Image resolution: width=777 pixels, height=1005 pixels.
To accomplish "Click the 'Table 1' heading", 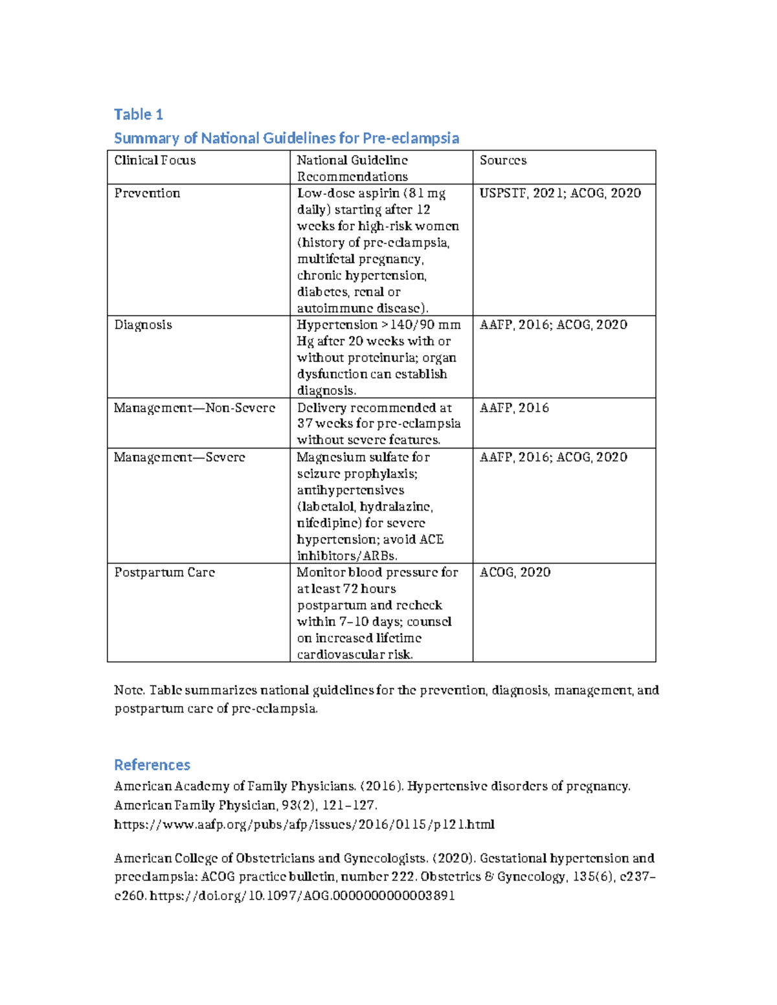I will pos(138,115).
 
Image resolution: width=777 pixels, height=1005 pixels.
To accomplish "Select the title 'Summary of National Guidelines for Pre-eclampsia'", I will pos(286,138).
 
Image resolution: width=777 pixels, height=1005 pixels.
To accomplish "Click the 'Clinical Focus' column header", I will pos(155,160).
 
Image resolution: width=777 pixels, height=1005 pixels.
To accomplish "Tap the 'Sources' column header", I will pos(502,160).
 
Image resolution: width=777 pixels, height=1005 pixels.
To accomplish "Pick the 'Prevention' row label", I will pos(147,193).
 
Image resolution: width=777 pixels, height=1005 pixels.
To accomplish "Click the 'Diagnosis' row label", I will pos(143,325).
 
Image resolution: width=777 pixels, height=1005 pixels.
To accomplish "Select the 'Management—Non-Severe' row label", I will pos(194,408).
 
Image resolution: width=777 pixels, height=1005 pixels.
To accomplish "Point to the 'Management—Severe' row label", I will pos(179,458).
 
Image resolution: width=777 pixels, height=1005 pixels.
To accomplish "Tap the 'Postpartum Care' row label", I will pos(164,573).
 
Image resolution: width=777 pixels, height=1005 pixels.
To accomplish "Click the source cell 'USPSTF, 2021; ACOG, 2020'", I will pos(560,193).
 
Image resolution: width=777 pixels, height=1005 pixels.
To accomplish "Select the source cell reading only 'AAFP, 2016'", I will pos(514,408).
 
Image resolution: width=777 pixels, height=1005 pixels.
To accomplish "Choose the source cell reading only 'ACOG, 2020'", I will pos(515,573).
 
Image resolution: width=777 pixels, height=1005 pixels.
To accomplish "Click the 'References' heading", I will pos(152,765).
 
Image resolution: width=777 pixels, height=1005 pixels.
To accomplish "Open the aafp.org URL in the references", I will pos(304,824).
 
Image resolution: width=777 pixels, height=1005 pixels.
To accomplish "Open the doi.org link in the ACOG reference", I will pos(302,896).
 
